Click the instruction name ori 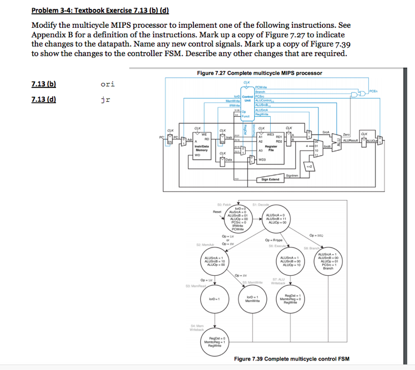coord(108,85)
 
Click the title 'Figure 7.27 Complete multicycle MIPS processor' coord(259,73)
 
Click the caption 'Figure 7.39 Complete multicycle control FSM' coord(291,358)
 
